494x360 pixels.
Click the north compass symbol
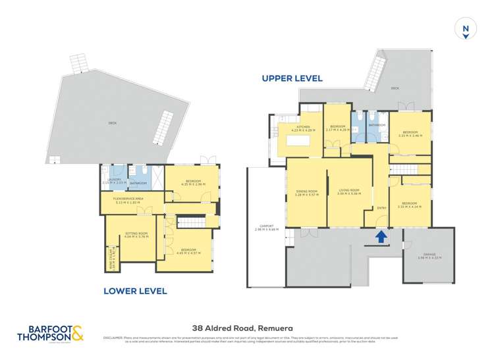[466, 30]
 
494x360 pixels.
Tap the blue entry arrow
[379, 236]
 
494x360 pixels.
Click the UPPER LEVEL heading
[292, 78]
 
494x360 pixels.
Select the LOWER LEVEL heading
[136, 290]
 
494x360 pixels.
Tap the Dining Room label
[306, 192]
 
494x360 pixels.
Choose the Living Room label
[348, 192]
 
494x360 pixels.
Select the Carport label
[267, 228]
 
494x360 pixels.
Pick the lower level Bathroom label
[138, 183]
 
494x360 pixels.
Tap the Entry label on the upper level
[380, 209]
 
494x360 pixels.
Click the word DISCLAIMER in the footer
[113, 338]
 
